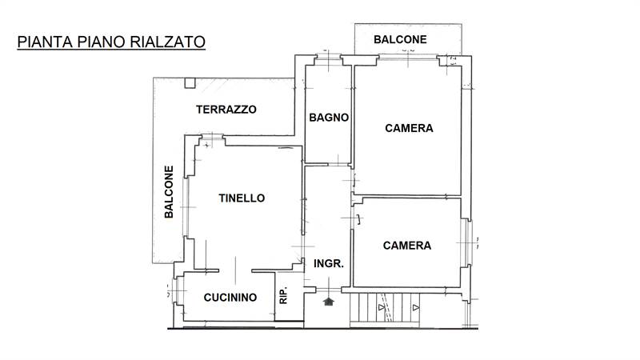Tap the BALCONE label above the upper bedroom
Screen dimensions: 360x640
(x=400, y=39)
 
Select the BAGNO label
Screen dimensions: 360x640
(x=329, y=117)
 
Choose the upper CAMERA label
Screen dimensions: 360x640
(x=409, y=128)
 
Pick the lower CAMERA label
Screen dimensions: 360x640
(x=407, y=246)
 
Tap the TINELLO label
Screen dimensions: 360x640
(x=242, y=198)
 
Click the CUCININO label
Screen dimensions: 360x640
(x=230, y=298)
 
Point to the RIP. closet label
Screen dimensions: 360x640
(x=283, y=296)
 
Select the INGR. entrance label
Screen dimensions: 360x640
(x=328, y=262)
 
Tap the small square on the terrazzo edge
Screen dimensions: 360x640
(x=190, y=82)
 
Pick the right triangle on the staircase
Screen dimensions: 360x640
(x=415, y=306)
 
